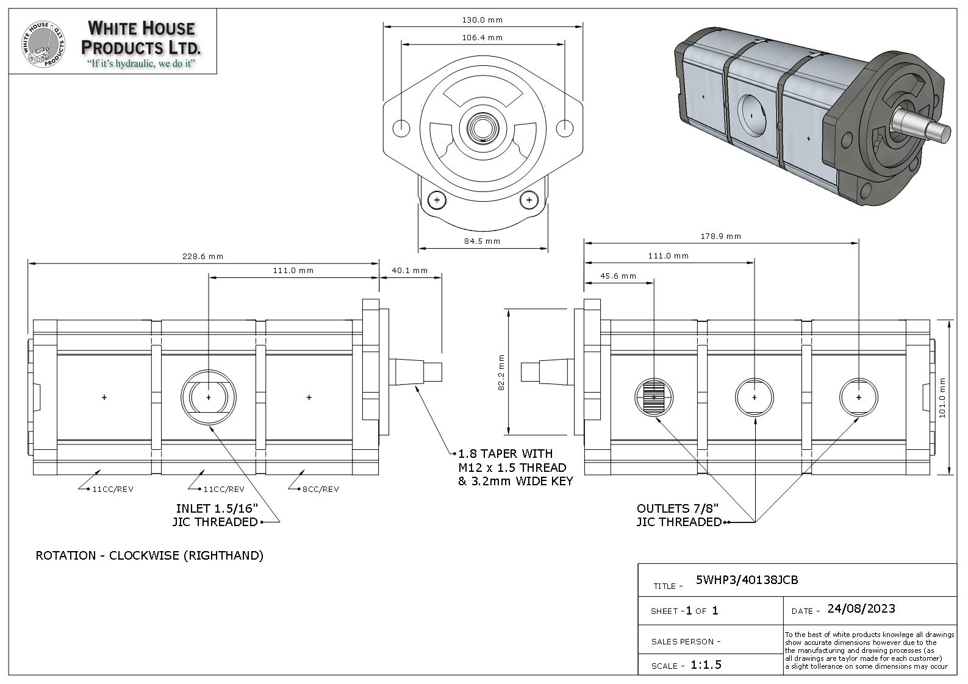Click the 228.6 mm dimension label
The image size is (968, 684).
point(203,256)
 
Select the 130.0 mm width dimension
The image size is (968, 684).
point(482,20)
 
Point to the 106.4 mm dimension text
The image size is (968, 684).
point(482,38)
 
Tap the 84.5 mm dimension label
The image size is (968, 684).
point(482,241)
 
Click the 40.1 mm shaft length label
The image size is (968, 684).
point(409,270)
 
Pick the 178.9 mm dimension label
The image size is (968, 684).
point(720,236)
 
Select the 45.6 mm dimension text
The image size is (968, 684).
point(618,276)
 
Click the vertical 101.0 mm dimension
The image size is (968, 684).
point(942,397)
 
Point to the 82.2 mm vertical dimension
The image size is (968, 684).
point(501,372)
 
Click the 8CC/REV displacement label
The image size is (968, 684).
point(320,489)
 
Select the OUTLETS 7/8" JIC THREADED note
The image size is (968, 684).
point(678,515)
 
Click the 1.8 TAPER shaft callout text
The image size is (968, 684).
point(515,467)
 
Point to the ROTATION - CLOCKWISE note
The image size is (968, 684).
point(149,555)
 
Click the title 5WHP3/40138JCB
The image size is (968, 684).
point(747,580)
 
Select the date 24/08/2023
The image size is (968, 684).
point(861,608)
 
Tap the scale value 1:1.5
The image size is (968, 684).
point(706,664)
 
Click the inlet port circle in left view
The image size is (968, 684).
point(209,397)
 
